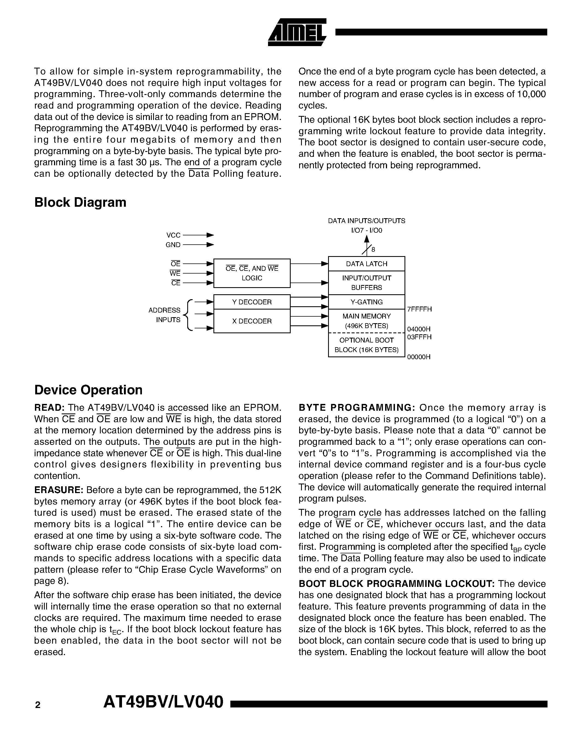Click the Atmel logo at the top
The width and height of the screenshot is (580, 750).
[x=297, y=32]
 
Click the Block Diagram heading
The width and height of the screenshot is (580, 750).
[x=80, y=202]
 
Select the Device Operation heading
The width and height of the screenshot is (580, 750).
[x=88, y=390]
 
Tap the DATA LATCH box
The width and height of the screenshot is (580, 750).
[x=366, y=264]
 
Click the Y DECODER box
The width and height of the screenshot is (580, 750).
[x=252, y=302]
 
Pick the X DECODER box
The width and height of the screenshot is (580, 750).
[x=252, y=321]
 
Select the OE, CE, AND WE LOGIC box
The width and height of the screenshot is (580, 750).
[x=252, y=273]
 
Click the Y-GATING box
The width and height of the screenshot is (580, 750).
[x=366, y=302]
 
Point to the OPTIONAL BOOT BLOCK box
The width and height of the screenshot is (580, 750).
[x=366, y=345]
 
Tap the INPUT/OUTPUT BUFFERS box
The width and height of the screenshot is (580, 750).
[x=366, y=283]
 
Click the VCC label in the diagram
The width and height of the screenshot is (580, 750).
[x=173, y=235]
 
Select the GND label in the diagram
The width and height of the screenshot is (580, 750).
[x=173, y=245]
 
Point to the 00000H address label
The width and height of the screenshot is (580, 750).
[x=418, y=357]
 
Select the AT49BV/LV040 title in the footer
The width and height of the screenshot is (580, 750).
[x=163, y=702]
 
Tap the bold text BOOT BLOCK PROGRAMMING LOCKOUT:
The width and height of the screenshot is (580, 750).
[x=396, y=584]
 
